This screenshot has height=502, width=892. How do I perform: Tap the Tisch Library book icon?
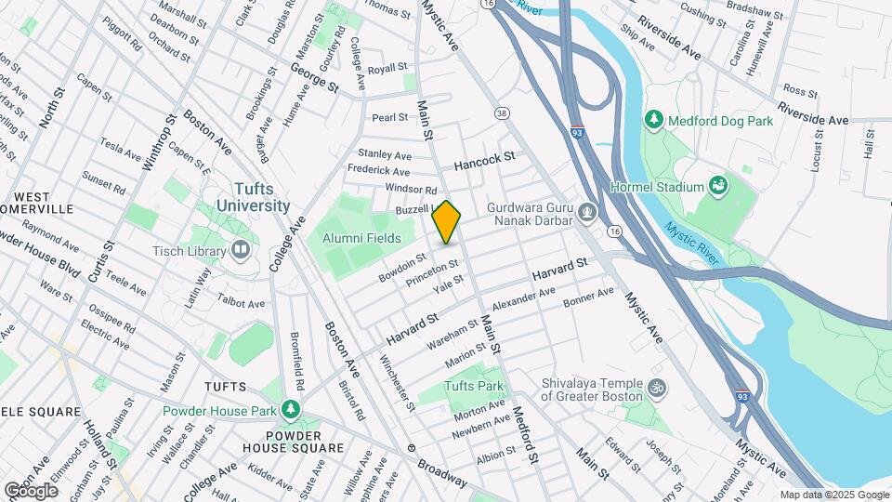pyautogui.click(x=241, y=250)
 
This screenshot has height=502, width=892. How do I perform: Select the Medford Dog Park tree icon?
pyautogui.click(x=654, y=119)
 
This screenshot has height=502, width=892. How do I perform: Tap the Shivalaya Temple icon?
pyautogui.click(x=658, y=387)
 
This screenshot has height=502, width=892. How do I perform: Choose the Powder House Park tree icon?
pyautogui.click(x=291, y=410)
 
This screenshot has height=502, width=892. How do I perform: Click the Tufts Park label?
pyautogui.click(x=473, y=386)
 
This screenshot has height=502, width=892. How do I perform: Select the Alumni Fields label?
pyautogui.click(x=361, y=238)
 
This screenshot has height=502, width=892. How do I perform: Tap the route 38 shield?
pyautogui.click(x=503, y=113)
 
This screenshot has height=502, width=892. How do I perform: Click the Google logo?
pyautogui.click(x=31, y=489)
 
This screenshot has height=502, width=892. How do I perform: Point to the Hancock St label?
pyautogui.click(x=484, y=162)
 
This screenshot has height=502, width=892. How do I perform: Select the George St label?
pyautogui.click(x=314, y=76)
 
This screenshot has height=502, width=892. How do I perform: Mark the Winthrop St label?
pyautogui.click(x=159, y=143)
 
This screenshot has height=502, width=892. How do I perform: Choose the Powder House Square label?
pyautogui.click(x=293, y=441)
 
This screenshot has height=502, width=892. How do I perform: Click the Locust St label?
pyautogui.click(x=819, y=152)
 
